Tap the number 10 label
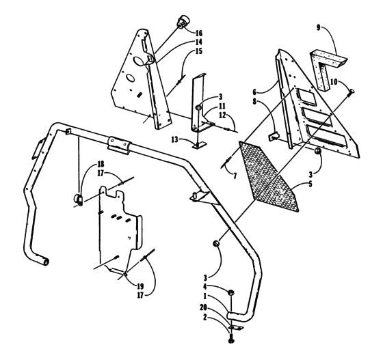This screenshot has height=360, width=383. coord(333,82)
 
